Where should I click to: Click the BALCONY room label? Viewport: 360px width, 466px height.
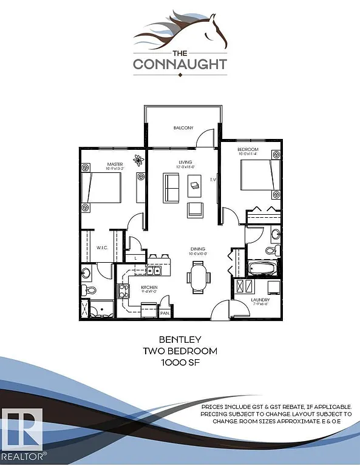point(183,128)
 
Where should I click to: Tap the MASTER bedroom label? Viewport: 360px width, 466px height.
point(115,164)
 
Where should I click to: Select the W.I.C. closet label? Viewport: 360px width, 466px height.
point(102,247)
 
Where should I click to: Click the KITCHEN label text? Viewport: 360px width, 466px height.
point(149,287)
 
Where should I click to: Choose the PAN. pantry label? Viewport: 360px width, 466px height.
point(165,313)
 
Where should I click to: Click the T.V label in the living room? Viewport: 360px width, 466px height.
point(213,180)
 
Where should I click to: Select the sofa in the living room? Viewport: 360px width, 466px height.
point(172,188)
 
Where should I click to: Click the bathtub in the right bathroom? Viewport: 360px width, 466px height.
point(263,267)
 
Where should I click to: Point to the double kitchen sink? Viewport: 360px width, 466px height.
point(156,270)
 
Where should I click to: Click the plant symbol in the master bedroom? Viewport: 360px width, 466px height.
point(140,161)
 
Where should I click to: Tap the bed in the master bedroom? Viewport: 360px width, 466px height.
point(104,187)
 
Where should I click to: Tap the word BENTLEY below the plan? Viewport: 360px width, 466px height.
point(180,339)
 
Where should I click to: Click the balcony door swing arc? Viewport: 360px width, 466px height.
point(208,138)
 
